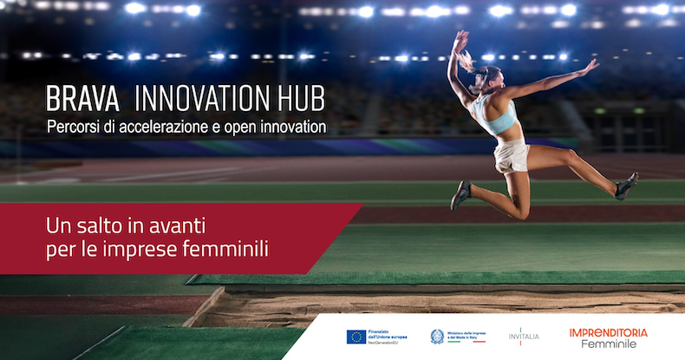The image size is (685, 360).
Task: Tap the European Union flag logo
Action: [356, 337]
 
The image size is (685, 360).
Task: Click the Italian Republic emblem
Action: [437, 337]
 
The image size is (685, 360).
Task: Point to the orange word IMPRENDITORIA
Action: [608, 332]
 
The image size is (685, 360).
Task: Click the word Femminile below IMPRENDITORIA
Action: [608, 345]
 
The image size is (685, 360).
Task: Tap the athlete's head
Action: [486, 75]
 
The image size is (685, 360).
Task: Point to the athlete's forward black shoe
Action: [460, 195]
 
